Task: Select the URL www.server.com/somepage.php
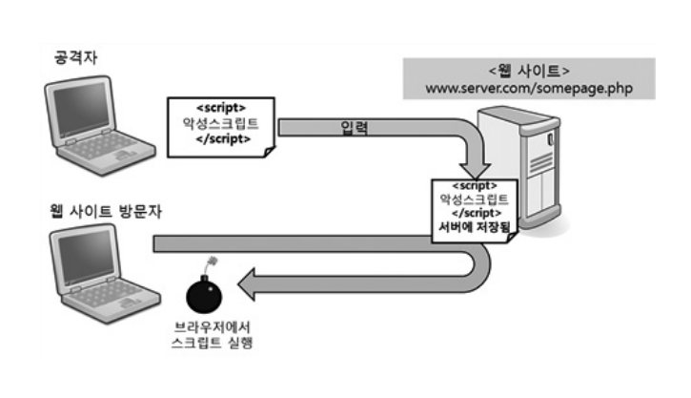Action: pyautogui.click(x=529, y=89)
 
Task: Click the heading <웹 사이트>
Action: pyautogui.click(x=528, y=71)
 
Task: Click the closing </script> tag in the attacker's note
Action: pyautogui.click(x=221, y=138)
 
